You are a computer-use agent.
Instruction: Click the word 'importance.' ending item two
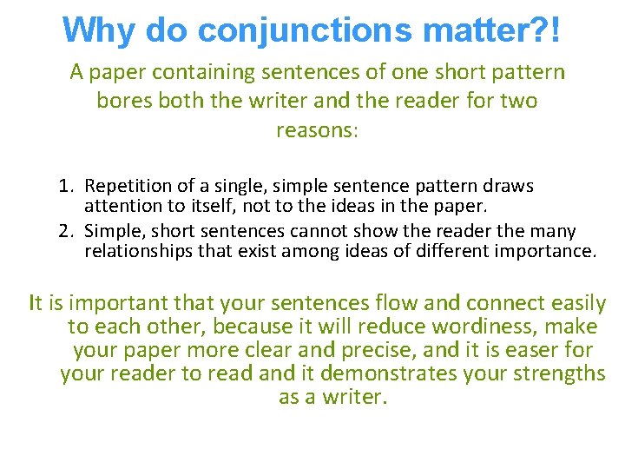tap(553, 253)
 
